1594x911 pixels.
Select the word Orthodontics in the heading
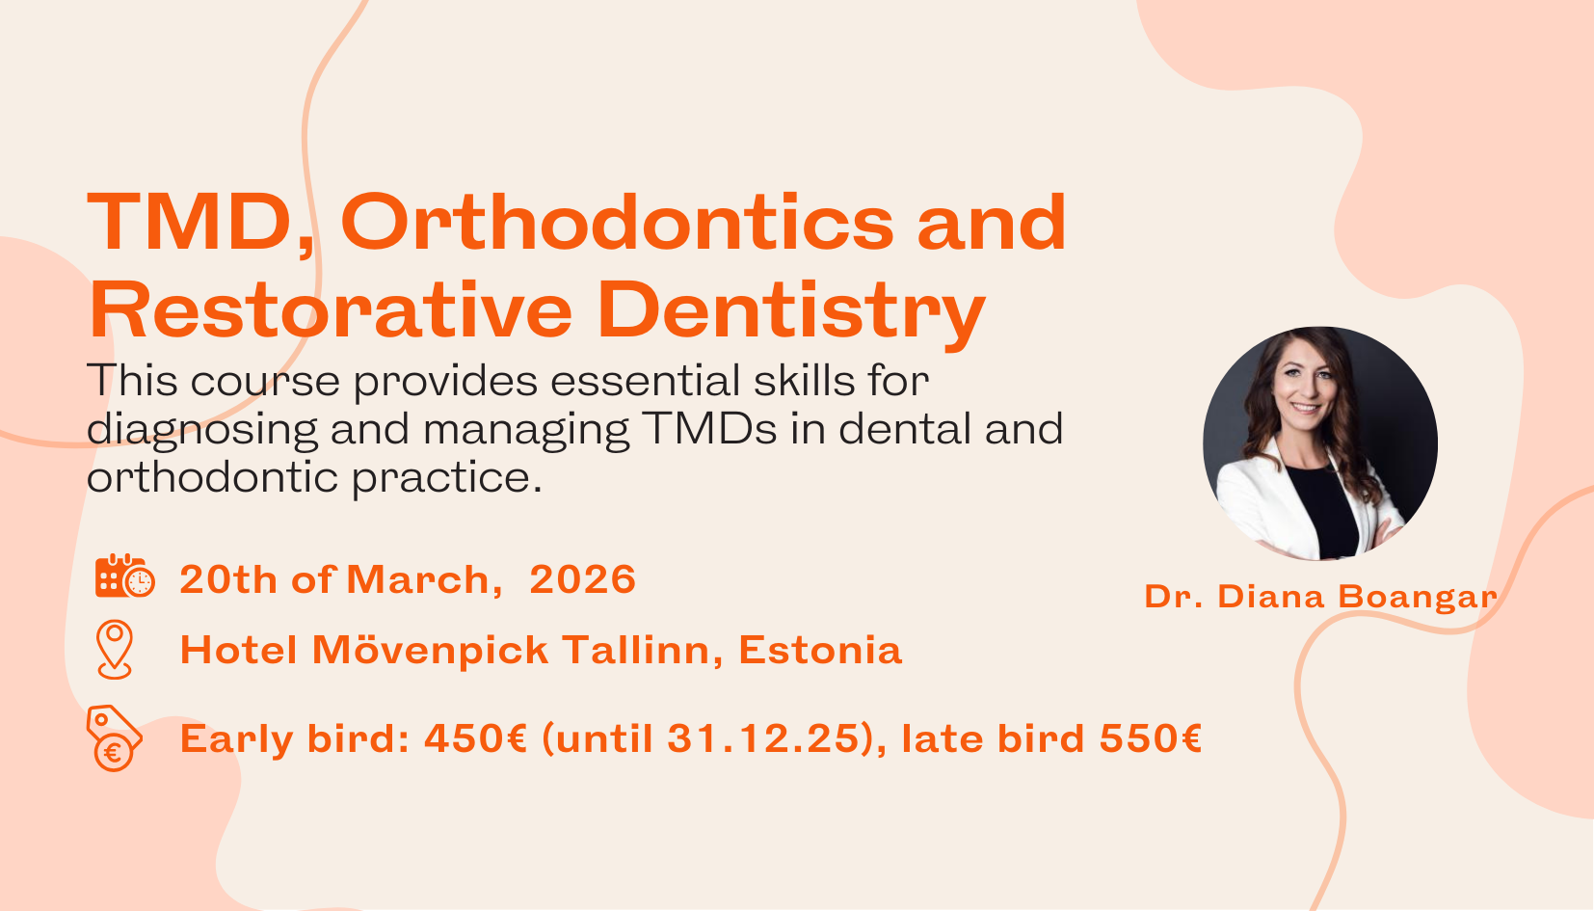pyautogui.click(x=617, y=224)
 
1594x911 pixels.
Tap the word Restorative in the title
pyautogui.click(x=331, y=311)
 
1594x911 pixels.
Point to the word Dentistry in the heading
pyautogui.click(x=790, y=311)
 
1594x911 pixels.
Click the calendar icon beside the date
pyautogui.click(x=124, y=576)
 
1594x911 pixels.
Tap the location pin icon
pyautogui.click(x=115, y=649)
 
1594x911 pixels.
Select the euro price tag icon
pyautogui.click(x=114, y=738)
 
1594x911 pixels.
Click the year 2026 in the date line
pyautogui.click(x=582, y=579)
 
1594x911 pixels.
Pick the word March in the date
pyautogui.click(x=418, y=579)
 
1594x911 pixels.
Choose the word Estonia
pyautogui.click(x=820, y=651)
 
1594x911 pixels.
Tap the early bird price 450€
pyautogui.click(x=475, y=739)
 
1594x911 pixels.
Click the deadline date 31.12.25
pyautogui.click(x=762, y=739)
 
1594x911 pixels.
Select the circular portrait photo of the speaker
pyautogui.click(x=1319, y=443)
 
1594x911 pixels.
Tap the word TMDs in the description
pyautogui.click(x=709, y=429)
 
